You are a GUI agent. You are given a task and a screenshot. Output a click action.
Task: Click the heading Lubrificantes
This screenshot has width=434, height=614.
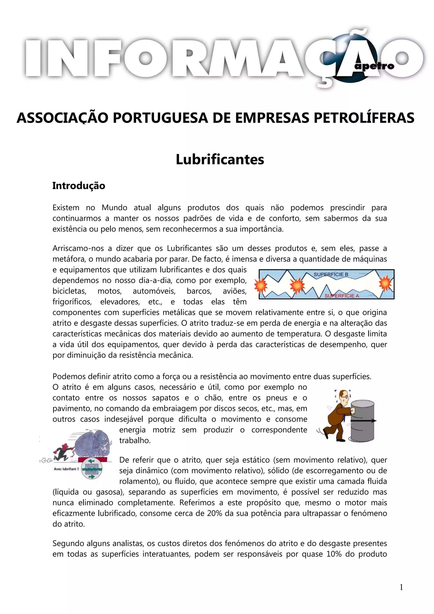point(220,160)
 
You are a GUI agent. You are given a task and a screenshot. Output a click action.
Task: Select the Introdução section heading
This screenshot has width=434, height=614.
point(79,186)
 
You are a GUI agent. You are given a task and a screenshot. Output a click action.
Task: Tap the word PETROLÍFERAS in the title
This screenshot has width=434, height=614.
point(364,118)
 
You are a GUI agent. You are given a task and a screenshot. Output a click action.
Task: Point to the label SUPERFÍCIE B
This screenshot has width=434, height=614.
point(331,274)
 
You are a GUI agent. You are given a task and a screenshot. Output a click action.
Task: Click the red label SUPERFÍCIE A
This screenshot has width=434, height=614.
point(342,296)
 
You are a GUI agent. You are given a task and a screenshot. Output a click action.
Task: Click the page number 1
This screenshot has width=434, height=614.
point(401,587)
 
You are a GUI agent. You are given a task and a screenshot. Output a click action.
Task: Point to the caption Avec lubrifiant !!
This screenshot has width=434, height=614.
point(66,469)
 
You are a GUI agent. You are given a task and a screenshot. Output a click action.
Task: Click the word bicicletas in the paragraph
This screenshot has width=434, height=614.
point(69,291)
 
